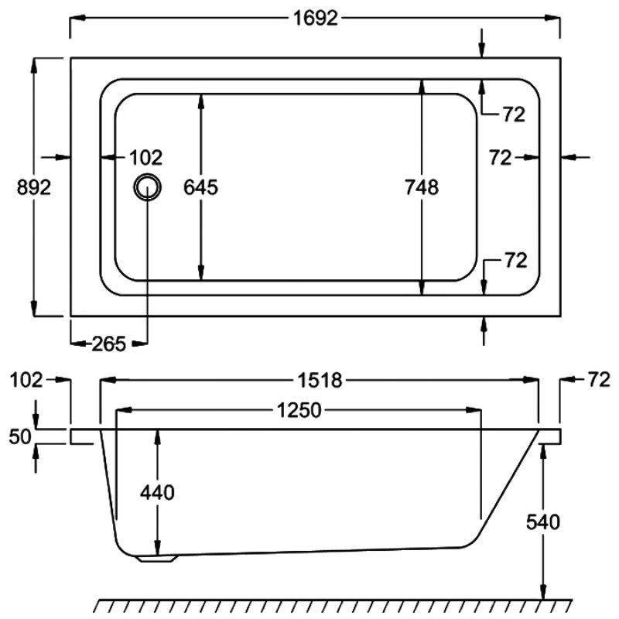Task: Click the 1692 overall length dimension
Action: click(x=316, y=18)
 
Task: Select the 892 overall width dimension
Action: click(x=34, y=187)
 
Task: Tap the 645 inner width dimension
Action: click(x=200, y=187)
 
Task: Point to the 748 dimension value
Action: click(x=422, y=187)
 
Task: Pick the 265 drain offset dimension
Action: click(x=108, y=344)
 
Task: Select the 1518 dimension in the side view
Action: click(x=320, y=381)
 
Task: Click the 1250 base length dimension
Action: click(x=299, y=410)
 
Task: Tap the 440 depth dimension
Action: click(x=157, y=493)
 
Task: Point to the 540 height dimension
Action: click(x=543, y=522)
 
